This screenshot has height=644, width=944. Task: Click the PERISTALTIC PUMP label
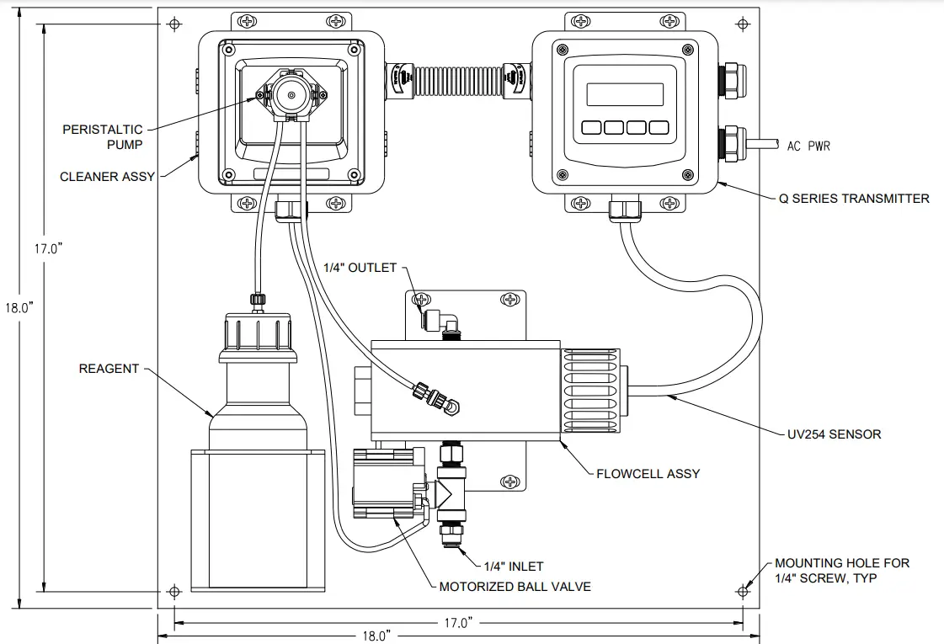click(103, 137)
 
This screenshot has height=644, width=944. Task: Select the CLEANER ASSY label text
click(107, 177)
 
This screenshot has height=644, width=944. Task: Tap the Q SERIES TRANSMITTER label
click(854, 199)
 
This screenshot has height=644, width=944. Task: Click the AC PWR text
click(808, 146)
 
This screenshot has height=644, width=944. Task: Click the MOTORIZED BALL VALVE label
click(515, 586)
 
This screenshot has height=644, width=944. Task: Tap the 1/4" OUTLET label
click(360, 268)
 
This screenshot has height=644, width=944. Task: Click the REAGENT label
click(109, 369)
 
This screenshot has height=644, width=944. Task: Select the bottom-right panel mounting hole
click(744, 589)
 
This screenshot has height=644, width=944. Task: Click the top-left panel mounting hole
click(174, 24)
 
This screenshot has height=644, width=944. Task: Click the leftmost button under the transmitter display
click(589, 128)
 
